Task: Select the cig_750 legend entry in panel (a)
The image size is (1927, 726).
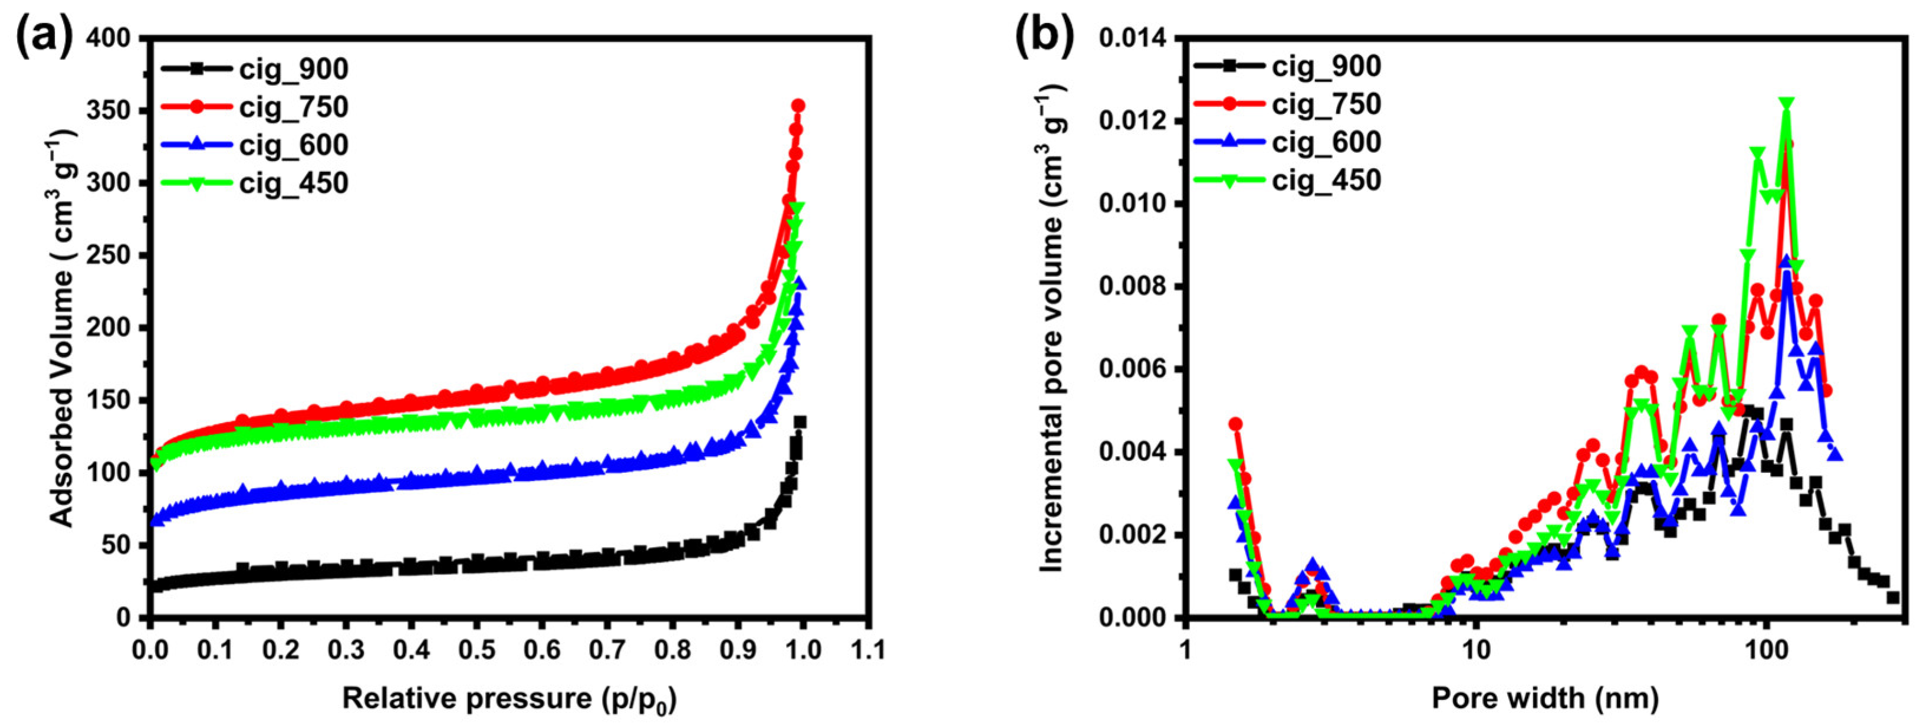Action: tap(293, 107)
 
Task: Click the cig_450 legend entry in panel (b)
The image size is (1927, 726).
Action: tap(1326, 181)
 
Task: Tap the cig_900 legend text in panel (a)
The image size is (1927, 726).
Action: tap(293, 69)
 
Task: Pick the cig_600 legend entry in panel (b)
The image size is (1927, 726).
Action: tap(1326, 142)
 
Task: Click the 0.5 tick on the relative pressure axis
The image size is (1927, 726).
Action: tap(476, 648)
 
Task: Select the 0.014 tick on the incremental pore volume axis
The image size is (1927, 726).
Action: tap(1133, 38)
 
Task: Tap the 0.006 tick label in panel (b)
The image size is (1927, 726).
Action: tap(1133, 369)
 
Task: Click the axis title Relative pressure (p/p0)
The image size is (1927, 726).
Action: tap(509, 699)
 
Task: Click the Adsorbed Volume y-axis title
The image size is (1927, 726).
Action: tap(65, 327)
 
